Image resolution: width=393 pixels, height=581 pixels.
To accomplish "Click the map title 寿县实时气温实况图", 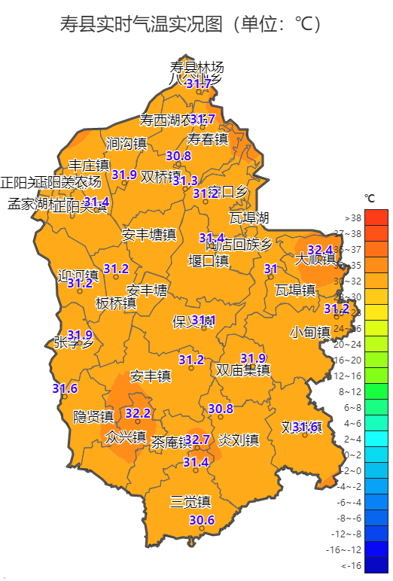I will pyautogui.click(x=193, y=25).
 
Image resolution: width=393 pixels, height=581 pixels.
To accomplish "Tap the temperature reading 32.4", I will pyautogui.click(x=320, y=249).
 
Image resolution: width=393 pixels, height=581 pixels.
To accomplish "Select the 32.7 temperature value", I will pyautogui.click(x=197, y=439).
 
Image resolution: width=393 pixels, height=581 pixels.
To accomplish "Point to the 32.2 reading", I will pyautogui.click(x=138, y=413).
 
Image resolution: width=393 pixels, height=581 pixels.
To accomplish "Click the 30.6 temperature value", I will pyautogui.click(x=202, y=520).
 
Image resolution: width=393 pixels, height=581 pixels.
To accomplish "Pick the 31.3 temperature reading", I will pyautogui.click(x=185, y=181).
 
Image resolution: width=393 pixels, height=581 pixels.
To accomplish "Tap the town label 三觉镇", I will pyautogui.click(x=190, y=501).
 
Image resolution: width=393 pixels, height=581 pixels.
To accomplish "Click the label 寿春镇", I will pyautogui.click(x=208, y=139).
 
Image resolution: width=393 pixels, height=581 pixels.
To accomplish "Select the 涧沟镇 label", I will pyautogui.click(x=126, y=143).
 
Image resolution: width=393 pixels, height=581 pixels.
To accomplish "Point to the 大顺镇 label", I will pyautogui.click(x=315, y=259).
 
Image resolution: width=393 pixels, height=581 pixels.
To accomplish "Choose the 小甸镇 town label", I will pyautogui.click(x=310, y=332).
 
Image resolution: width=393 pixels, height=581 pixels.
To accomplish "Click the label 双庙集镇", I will pyautogui.click(x=242, y=370).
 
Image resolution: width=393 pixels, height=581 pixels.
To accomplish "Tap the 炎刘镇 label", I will pyautogui.click(x=239, y=440).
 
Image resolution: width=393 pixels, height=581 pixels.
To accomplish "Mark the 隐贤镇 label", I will pyautogui.click(x=93, y=417).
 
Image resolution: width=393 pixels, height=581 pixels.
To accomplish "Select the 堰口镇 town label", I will pyautogui.click(x=209, y=260).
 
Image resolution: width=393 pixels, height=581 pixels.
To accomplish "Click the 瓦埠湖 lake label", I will pyautogui.click(x=249, y=218).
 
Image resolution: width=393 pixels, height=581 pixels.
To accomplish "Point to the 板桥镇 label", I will pyautogui.click(x=116, y=304).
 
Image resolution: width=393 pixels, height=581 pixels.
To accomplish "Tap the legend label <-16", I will pyautogui.click(x=351, y=565).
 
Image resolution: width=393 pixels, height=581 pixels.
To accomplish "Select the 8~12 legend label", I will pyautogui.click(x=351, y=391).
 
